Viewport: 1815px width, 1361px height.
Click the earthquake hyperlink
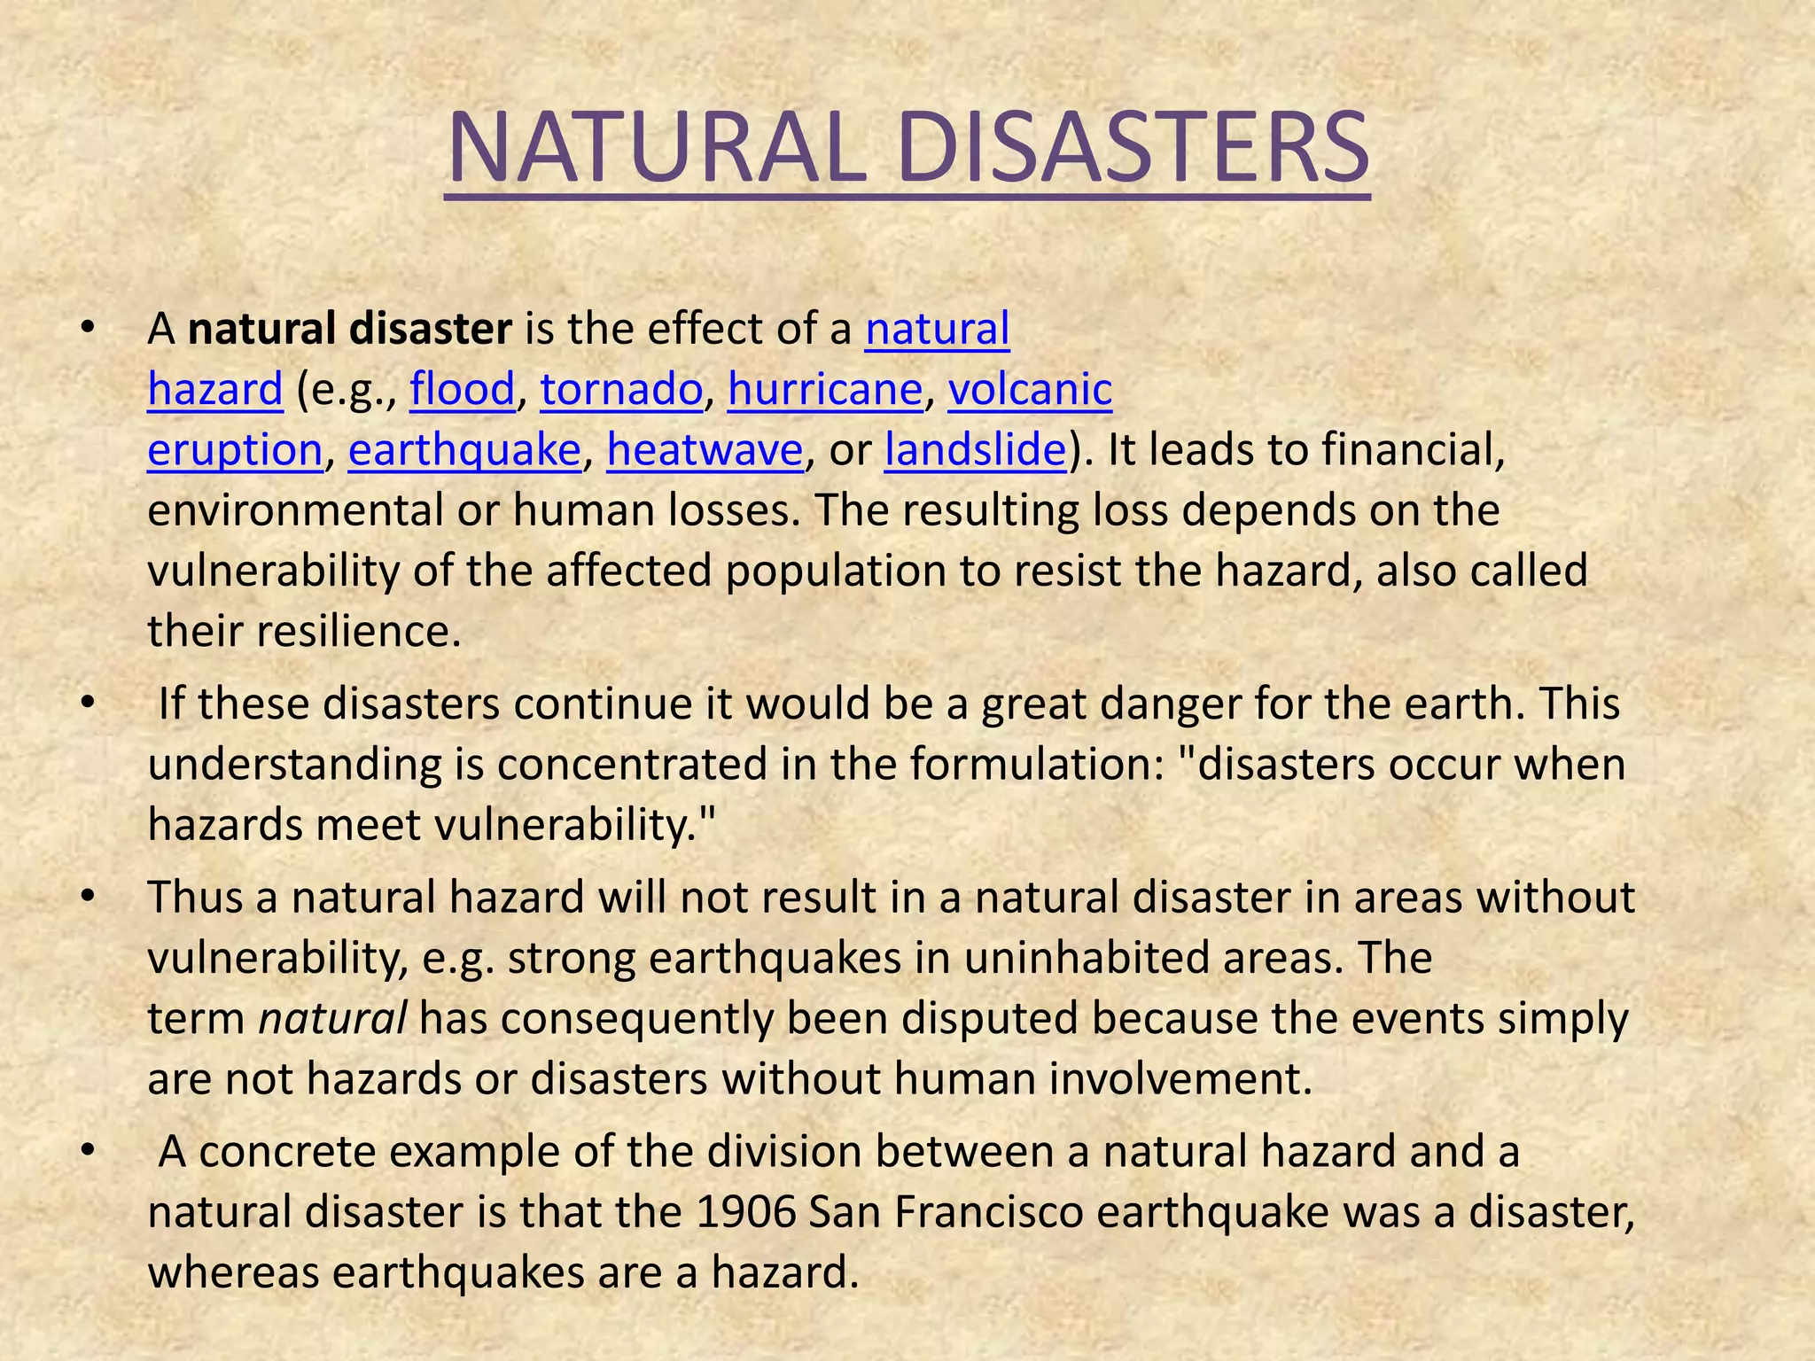coord(464,450)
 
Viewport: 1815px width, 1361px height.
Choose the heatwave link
coord(705,450)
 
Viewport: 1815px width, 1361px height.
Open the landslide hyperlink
coord(975,450)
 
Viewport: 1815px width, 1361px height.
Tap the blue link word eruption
coord(235,450)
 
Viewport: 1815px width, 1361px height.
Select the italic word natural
coord(332,1019)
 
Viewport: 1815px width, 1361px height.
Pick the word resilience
coord(359,632)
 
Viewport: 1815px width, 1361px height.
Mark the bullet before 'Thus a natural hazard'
coord(86,898)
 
